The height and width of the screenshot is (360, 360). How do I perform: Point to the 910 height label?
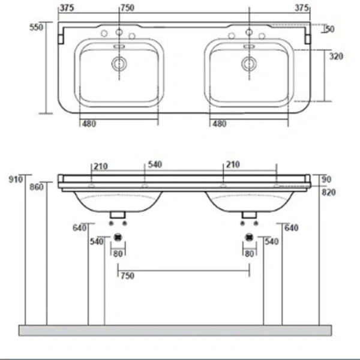(16, 179)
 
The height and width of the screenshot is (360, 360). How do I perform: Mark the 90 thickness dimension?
(326, 179)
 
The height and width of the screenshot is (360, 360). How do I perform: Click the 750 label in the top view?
(127, 8)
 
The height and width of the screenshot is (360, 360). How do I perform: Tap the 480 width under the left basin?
(89, 124)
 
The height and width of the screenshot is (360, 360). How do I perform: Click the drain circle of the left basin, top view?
(119, 63)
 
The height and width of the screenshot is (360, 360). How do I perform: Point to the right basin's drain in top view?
(248, 63)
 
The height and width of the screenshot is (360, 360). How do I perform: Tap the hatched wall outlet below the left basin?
(118, 237)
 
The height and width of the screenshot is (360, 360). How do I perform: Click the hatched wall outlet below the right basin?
(249, 237)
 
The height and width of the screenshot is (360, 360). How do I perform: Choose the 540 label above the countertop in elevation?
(155, 164)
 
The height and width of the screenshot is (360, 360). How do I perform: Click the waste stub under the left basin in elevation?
(118, 215)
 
